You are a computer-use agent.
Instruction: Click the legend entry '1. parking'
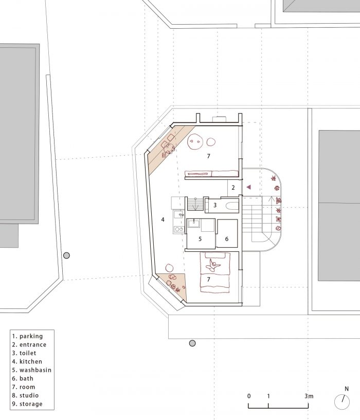[27, 336]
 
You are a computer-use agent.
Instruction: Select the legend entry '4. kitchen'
[27, 361]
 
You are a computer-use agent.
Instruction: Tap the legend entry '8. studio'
[26, 395]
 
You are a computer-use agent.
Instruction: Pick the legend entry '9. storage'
[27, 404]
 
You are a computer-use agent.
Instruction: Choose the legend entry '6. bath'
[23, 378]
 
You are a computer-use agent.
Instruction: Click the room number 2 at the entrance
[233, 188]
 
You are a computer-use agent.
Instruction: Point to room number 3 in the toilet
[215, 206]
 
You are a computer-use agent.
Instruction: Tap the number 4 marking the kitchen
[163, 220]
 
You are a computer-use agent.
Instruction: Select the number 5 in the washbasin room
[200, 239]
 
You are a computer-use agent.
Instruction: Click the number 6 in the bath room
[227, 239]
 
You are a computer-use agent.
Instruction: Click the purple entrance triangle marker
[249, 187]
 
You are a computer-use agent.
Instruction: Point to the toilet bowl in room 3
[232, 206]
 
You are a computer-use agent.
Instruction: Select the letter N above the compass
[347, 389]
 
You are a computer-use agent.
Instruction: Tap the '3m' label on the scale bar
[309, 396]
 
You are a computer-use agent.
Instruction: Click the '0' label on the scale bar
[249, 396]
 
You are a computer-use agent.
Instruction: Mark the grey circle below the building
[192, 343]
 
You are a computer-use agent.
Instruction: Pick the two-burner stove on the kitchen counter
[178, 229]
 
